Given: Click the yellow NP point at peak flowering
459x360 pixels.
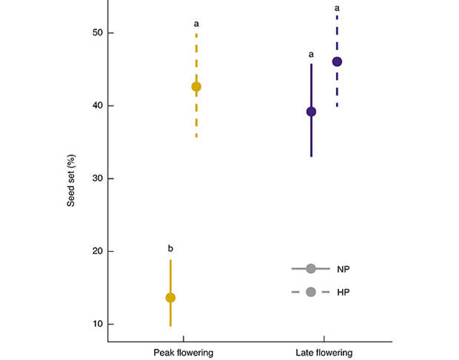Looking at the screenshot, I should tap(170, 298).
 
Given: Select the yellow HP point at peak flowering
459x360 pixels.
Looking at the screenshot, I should tap(196, 87).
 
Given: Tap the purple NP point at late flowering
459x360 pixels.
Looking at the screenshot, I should tap(311, 112).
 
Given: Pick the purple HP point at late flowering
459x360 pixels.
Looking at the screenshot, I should tap(337, 61).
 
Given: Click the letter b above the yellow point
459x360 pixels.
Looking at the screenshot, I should tap(170, 248).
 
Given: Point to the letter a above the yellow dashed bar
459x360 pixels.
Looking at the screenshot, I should tap(196, 23).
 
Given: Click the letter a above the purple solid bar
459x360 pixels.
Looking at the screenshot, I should tap(311, 54).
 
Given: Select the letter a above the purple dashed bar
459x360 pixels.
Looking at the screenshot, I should tap(337, 7).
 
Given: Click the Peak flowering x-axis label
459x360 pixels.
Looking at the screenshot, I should tap(184, 352).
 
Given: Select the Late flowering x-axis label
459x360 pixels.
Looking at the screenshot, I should tap(324, 352).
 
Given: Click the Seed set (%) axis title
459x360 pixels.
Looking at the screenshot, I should tap(72, 178).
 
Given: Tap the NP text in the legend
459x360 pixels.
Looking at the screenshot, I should tap(343, 269).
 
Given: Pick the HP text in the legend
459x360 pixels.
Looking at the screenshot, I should tap(343, 292).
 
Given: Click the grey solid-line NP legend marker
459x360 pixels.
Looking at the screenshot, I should tap(311, 268).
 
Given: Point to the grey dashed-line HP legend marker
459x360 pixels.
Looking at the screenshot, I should tap(311, 292).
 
